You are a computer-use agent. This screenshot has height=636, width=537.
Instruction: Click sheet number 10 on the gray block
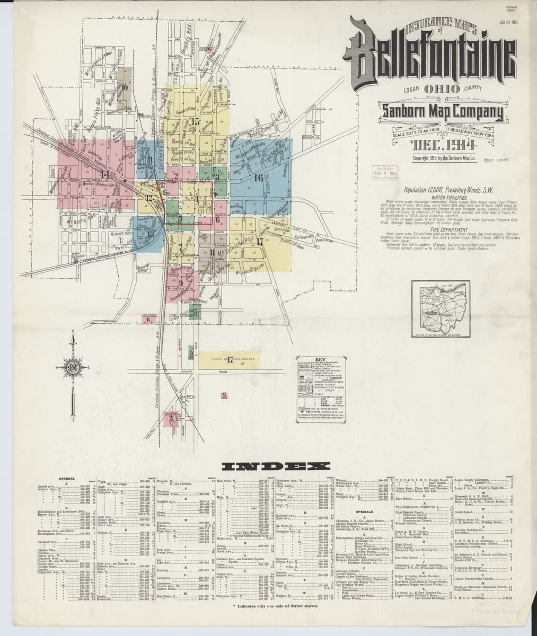point(125,87)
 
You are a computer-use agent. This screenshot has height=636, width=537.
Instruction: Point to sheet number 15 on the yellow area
point(196,122)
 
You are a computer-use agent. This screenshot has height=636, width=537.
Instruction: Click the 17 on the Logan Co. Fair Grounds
point(230,361)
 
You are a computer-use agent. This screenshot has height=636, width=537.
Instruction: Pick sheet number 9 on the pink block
point(181,283)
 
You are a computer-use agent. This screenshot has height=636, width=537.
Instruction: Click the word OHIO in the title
point(441,89)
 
